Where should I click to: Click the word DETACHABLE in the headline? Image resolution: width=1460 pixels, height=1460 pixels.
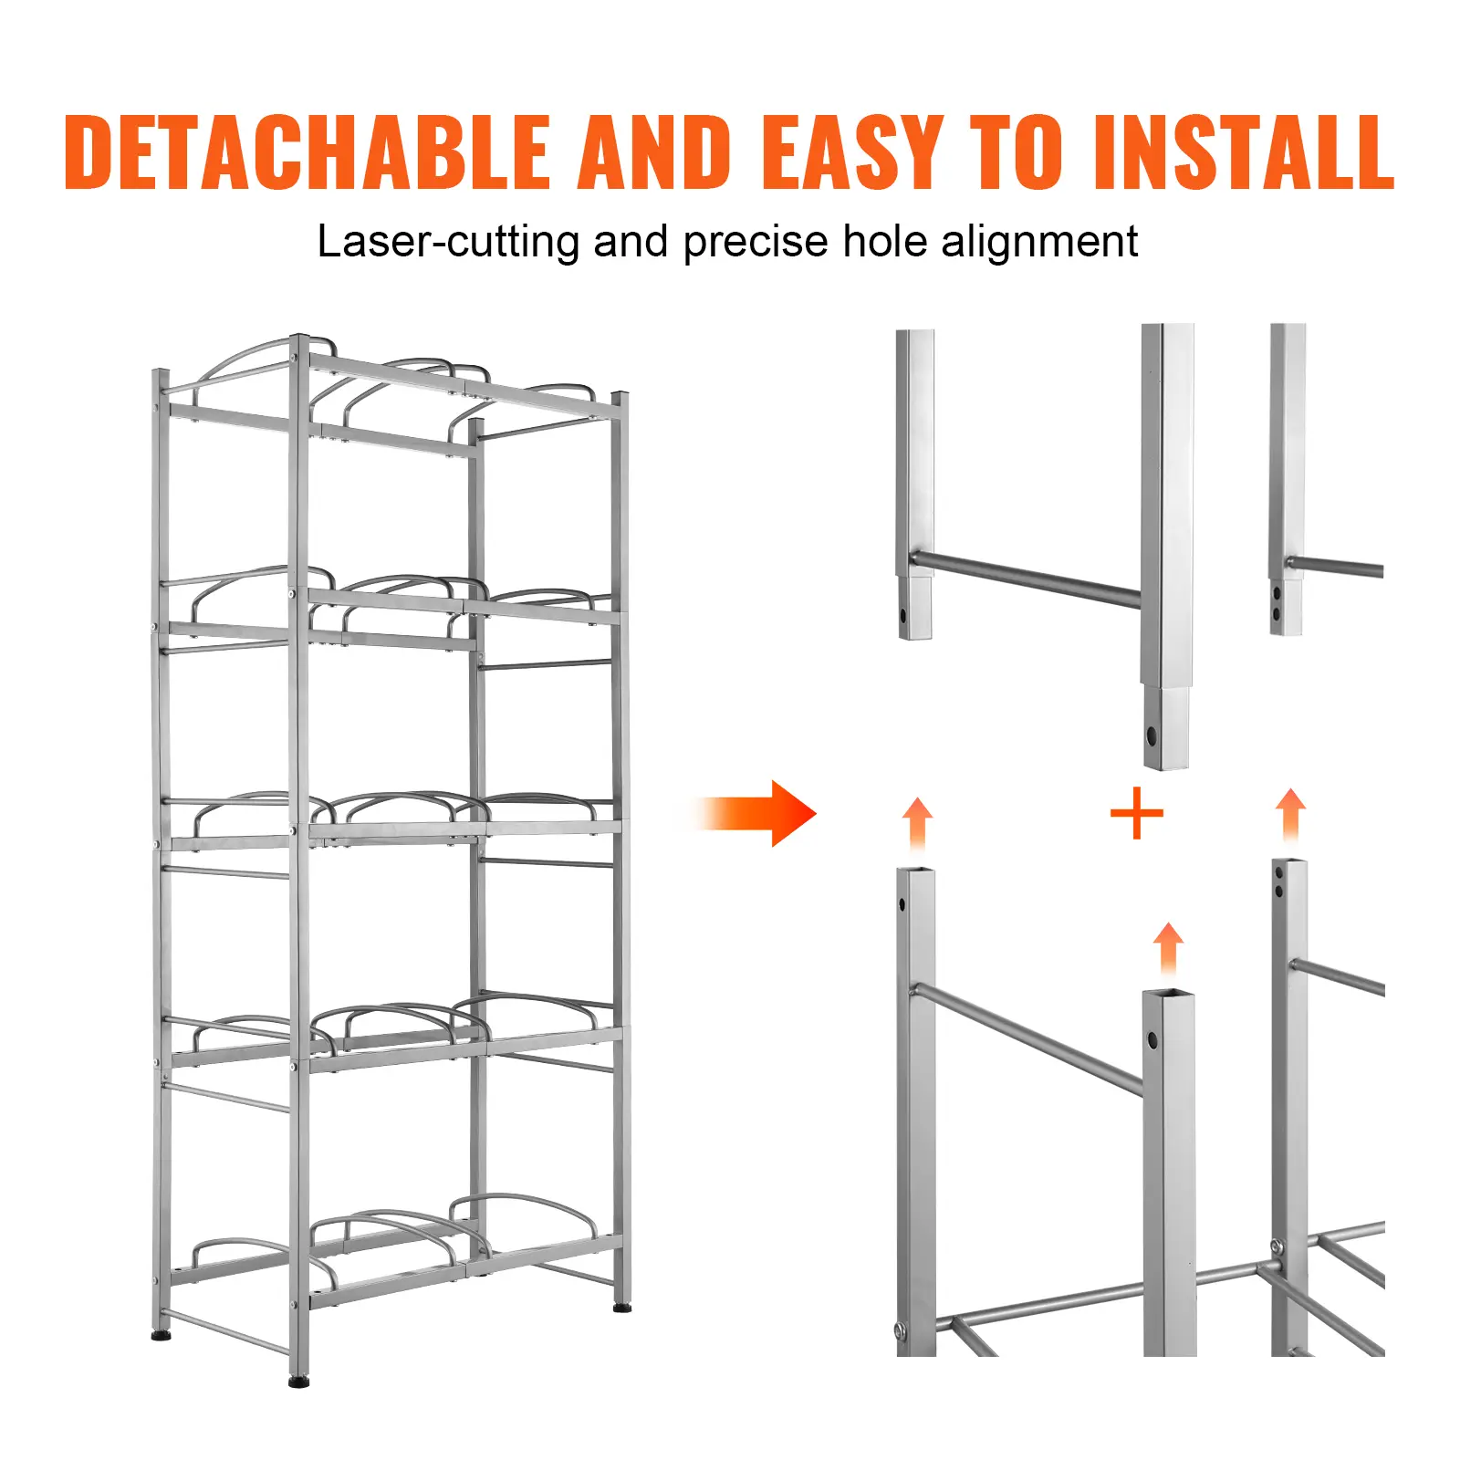pyautogui.click(x=308, y=151)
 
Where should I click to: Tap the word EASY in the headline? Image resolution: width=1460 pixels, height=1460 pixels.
pyautogui.click(x=852, y=151)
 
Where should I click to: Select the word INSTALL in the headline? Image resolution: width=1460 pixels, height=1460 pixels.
pyautogui.click(x=1244, y=151)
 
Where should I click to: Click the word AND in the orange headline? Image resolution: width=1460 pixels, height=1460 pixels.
pyautogui.click(x=655, y=151)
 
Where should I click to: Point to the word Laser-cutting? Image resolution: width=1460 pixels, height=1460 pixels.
pyautogui.click(x=448, y=243)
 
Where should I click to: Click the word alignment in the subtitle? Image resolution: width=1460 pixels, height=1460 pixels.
pyautogui.click(x=1039, y=243)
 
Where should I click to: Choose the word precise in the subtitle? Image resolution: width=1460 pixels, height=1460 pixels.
pyautogui.click(x=756, y=243)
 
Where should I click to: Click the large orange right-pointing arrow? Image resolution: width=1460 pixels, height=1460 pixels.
pyautogui.click(x=757, y=813)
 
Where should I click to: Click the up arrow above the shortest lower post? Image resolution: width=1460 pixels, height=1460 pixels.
pyautogui.click(x=1168, y=949)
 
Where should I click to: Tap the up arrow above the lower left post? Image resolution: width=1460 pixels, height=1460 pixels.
pyautogui.click(x=917, y=825)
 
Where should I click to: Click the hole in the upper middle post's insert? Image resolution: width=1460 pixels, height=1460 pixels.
pyautogui.click(x=1152, y=735)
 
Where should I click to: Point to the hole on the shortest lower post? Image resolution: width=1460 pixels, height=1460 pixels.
pyautogui.click(x=1152, y=1039)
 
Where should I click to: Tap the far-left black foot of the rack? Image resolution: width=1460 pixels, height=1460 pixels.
pyautogui.click(x=162, y=1337)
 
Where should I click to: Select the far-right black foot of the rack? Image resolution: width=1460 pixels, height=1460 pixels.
pyautogui.click(x=622, y=1308)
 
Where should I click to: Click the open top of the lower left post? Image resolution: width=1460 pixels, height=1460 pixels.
pyautogui.click(x=916, y=871)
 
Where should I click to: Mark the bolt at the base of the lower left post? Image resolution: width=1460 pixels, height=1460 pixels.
pyautogui.click(x=902, y=1331)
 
